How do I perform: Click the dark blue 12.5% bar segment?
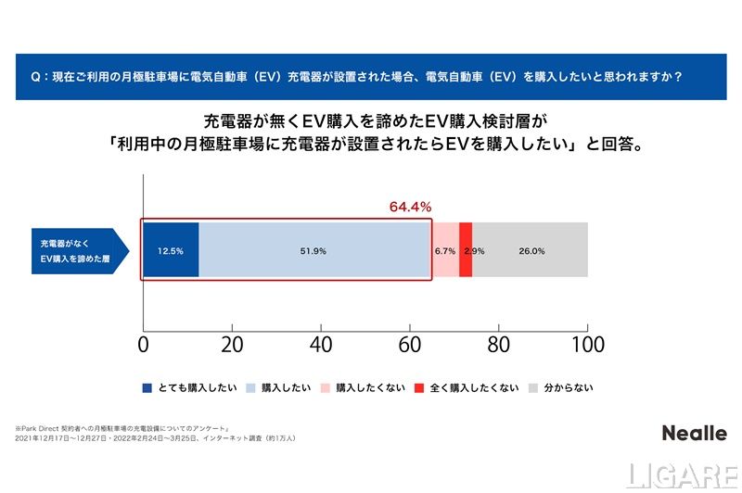click(171, 250)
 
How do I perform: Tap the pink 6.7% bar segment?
click(445, 250)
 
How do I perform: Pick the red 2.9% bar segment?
click(466, 250)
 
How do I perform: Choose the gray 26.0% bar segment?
click(531, 250)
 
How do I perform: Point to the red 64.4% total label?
click(409, 207)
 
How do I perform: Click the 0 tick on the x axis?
click(143, 345)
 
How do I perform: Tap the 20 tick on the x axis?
click(232, 345)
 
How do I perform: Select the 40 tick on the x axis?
click(321, 345)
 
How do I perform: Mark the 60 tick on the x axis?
click(410, 345)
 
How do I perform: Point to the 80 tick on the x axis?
click(499, 345)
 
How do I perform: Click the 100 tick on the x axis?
click(586, 345)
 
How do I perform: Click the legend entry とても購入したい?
click(189, 388)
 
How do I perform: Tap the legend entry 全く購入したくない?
click(467, 388)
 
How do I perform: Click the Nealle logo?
click(694, 433)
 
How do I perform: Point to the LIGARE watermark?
click(682, 475)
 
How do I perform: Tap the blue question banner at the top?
click(370, 77)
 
